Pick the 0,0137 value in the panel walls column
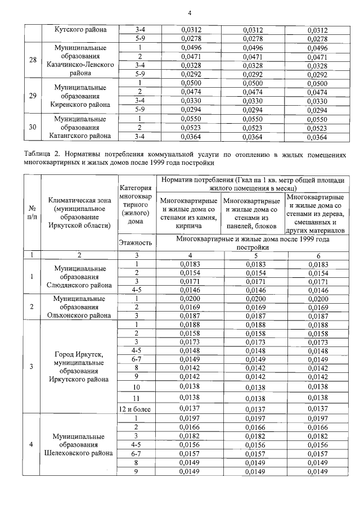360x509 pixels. click(255, 408)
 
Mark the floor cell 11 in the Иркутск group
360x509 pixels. click(136, 397)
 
